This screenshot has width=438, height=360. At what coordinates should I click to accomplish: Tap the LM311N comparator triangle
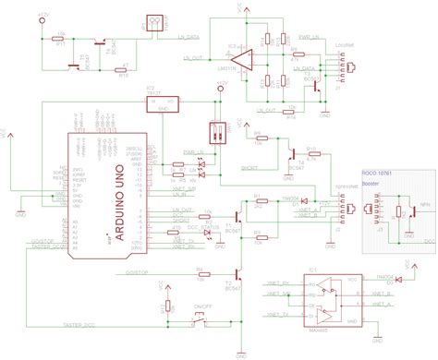point(242,62)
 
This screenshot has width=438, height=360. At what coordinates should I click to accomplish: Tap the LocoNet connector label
point(346,43)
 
